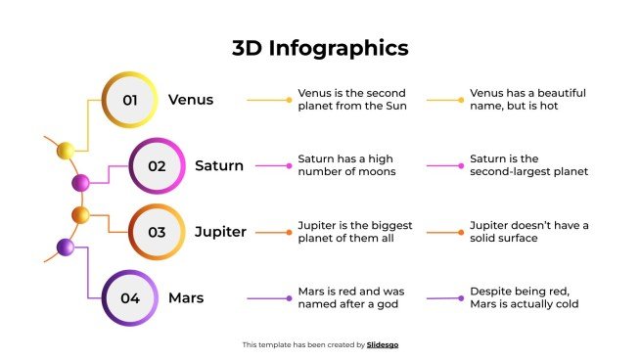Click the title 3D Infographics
point(320,48)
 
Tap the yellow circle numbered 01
point(130,100)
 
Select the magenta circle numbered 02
point(157,165)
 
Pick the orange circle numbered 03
point(157,232)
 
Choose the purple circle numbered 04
point(130,297)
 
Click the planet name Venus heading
point(191,100)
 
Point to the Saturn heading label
point(219,165)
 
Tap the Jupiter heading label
point(220,232)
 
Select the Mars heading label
point(186,297)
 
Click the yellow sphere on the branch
point(66,151)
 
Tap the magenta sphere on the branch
point(81,182)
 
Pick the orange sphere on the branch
point(80,214)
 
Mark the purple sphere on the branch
point(66,247)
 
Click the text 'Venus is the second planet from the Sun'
point(351,100)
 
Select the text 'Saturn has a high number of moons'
point(346,165)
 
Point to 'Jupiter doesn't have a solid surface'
point(528,232)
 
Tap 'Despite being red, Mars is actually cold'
point(524,297)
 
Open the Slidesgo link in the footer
point(382,344)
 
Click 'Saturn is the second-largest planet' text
point(528,165)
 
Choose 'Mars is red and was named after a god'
point(350,297)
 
